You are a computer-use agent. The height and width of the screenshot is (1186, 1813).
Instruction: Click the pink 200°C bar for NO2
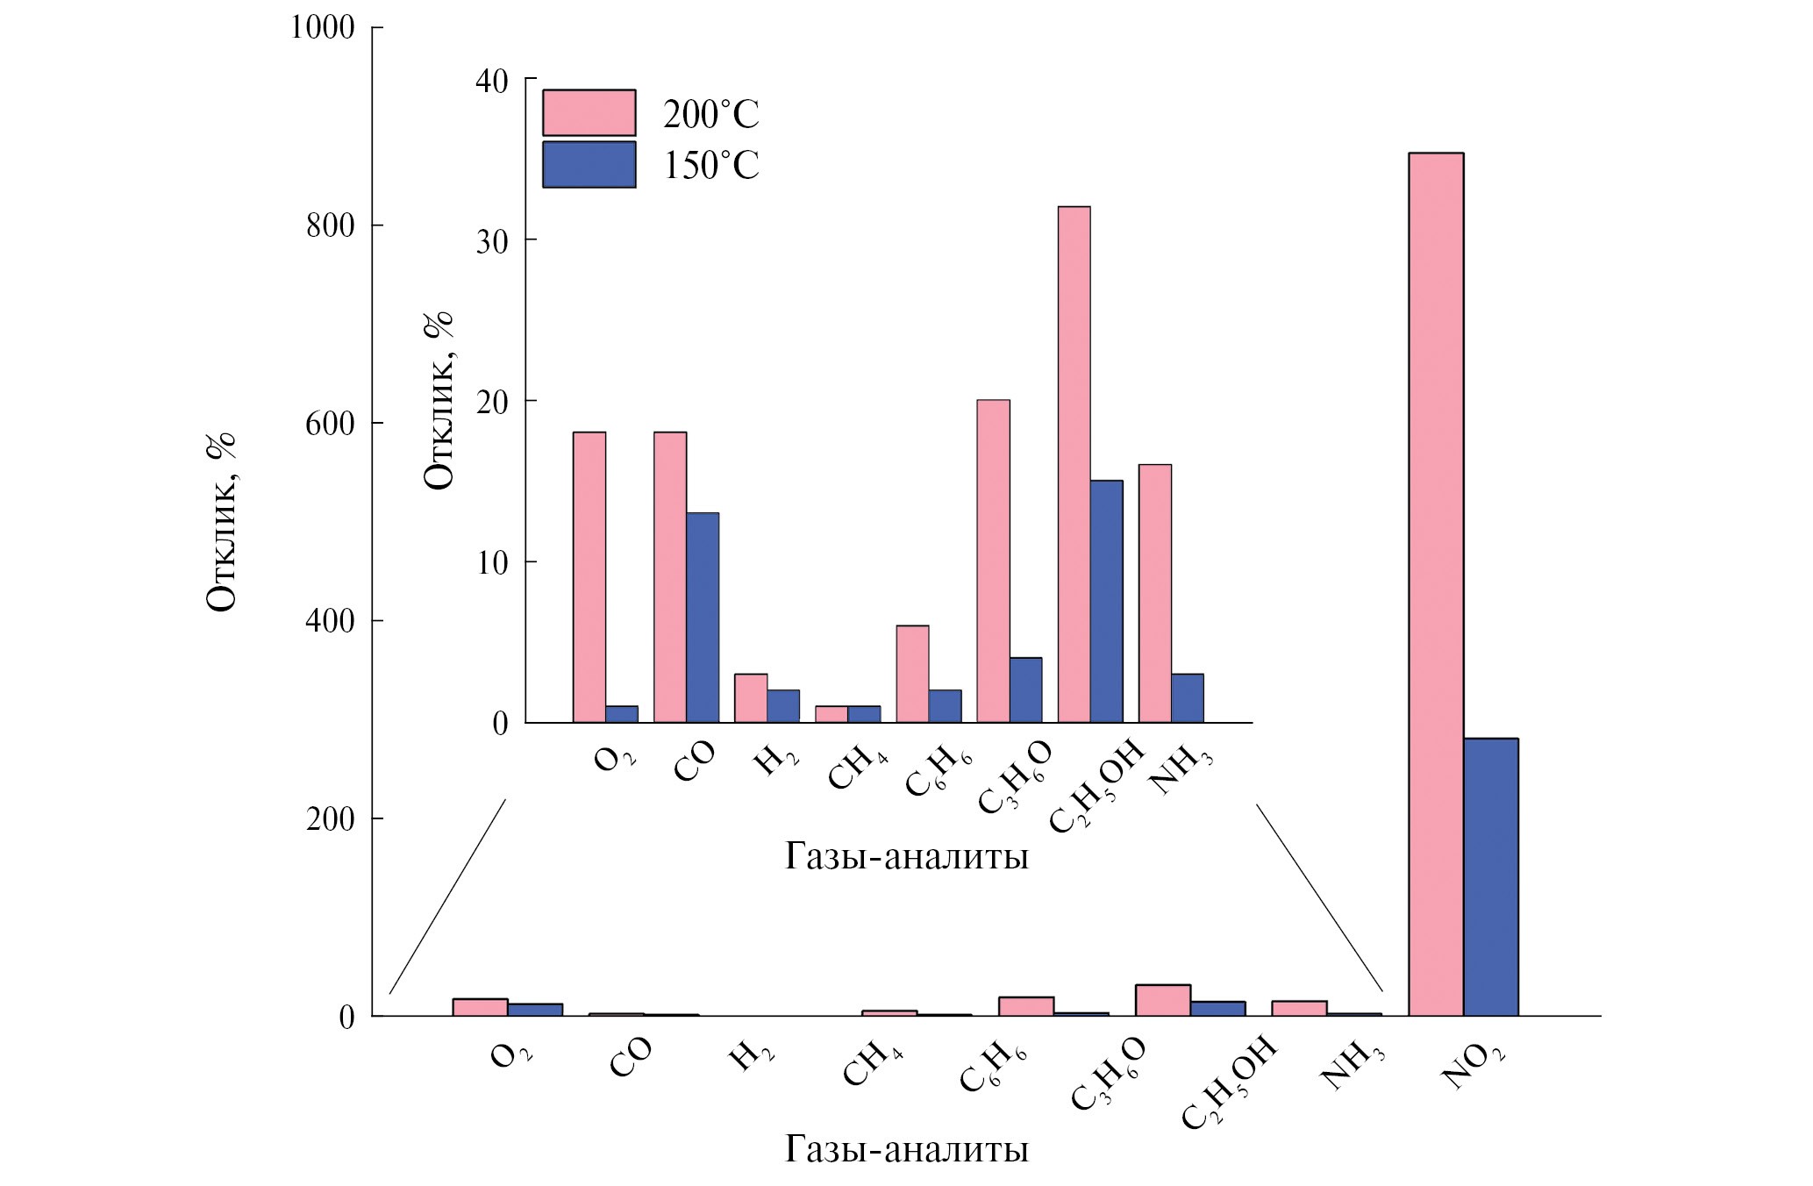click(x=1435, y=584)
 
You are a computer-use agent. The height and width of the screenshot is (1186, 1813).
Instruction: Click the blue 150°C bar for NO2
click(x=1490, y=877)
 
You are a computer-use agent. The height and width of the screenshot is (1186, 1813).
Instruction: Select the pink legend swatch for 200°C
click(x=589, y=112)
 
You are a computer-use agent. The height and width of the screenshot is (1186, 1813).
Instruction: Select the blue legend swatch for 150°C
click(x=589, y=164)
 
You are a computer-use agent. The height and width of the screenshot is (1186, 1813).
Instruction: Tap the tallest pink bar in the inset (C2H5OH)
click(x=1074, y=465)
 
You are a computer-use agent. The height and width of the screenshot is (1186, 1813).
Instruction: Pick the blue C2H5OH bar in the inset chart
click(x=1106, y=602)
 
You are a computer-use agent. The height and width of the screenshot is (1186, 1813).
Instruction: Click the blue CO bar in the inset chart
click(x=703, y=618)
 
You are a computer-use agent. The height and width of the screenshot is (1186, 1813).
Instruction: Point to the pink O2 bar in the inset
click(x=589, y=577)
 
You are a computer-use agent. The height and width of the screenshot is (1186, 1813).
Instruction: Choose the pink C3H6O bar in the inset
click(x=993, y=561)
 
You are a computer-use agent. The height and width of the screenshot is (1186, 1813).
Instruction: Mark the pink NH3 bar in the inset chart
click(x=1154, y=593)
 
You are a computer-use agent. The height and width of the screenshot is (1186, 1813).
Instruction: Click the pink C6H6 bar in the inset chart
click(x=912, y=674)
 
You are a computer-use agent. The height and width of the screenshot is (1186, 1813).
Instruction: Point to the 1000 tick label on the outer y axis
click(x=322, y=28)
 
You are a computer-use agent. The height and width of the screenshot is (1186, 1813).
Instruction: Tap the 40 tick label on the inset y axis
click(x=492, y=81)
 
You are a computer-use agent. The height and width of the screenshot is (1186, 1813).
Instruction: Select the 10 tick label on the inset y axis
click(x=492, y=562)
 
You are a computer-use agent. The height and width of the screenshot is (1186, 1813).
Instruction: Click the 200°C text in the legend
click(x=710, y=115)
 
